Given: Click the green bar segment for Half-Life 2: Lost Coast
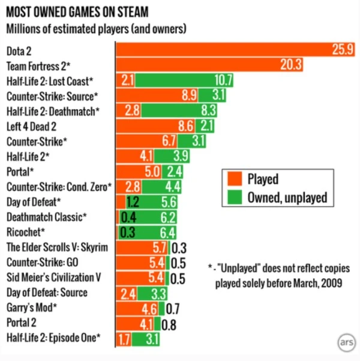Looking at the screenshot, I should (184, 80).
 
